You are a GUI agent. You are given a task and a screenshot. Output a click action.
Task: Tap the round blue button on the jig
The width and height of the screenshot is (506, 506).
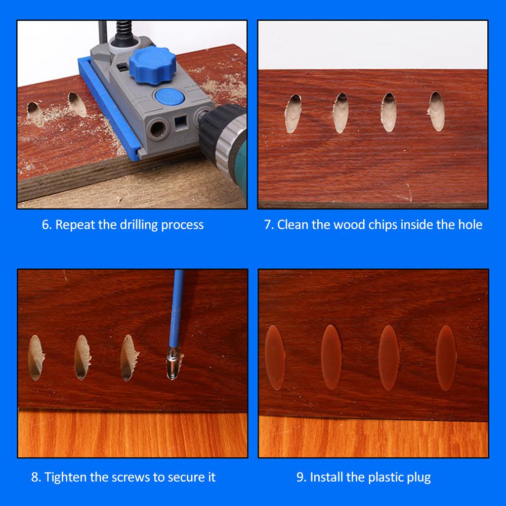click(169, 97)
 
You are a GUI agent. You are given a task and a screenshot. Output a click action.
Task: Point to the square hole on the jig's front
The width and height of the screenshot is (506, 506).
click(180, 123)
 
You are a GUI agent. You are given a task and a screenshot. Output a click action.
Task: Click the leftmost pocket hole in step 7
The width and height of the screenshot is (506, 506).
click(293, 113)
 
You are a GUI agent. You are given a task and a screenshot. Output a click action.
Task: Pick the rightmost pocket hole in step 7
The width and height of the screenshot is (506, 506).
click(437, 111)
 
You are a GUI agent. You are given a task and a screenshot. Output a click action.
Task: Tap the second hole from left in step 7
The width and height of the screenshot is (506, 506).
click(341, 113)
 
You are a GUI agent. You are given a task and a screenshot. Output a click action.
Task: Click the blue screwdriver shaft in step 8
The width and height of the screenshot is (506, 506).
click(177, 309)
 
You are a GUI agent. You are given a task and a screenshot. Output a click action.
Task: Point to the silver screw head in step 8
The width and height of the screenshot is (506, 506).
click(173, 363)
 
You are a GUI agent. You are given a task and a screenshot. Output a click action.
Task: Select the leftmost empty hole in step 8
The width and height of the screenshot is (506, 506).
click(35, 358)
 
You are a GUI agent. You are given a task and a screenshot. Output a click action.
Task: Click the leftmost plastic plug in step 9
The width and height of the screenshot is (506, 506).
click(275, 358)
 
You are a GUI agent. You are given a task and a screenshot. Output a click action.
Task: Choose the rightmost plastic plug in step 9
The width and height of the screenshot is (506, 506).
click(446, 358)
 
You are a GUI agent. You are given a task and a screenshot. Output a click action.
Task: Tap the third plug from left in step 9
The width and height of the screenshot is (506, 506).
click(389, 358)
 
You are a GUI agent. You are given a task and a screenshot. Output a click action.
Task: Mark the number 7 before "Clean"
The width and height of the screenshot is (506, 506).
click(268, 225)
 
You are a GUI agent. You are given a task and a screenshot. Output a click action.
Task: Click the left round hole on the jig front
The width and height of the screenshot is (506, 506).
click(158, 129)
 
